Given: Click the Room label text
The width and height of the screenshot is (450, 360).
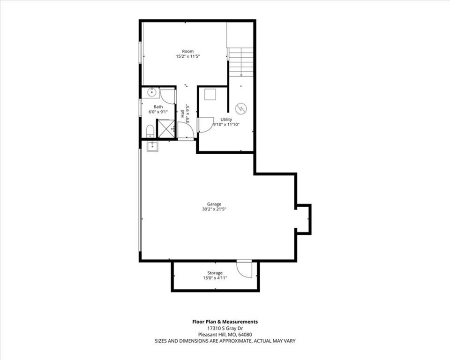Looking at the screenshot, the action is pos(187,52).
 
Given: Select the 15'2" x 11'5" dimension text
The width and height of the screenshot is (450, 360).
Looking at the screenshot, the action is pos(187,57).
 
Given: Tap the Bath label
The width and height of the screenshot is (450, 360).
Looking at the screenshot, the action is pos(158,107).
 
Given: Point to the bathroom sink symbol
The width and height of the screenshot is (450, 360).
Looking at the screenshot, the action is pos(151,92).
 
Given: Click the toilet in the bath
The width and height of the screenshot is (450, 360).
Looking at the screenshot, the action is pos(150,131).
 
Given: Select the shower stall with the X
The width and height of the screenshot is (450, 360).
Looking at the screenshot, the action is pos(165,129).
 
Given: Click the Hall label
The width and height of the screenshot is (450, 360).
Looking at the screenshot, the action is pos(182,114).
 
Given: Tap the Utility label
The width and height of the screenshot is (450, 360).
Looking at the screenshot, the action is pos(226,120).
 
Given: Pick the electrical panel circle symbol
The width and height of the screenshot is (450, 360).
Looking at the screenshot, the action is pos(240,108).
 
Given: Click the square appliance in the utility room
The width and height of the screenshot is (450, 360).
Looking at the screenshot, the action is pos(210,94).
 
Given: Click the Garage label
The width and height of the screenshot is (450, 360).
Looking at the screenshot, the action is pos(214,204).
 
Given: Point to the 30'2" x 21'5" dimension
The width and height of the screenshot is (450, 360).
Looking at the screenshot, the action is pos(214,209).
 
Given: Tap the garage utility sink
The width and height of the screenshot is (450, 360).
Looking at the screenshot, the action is pos(151,146).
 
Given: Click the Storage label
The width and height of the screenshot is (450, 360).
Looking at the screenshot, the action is pos(215,273).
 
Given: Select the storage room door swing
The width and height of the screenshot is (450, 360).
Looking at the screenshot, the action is pos(244,269).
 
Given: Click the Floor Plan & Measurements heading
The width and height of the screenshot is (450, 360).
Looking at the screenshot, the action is pos(225,322).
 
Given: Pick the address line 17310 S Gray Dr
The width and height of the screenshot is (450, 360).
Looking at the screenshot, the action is pos(225,328).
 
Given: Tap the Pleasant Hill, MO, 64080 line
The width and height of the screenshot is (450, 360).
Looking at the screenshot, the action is pos(225,334).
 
